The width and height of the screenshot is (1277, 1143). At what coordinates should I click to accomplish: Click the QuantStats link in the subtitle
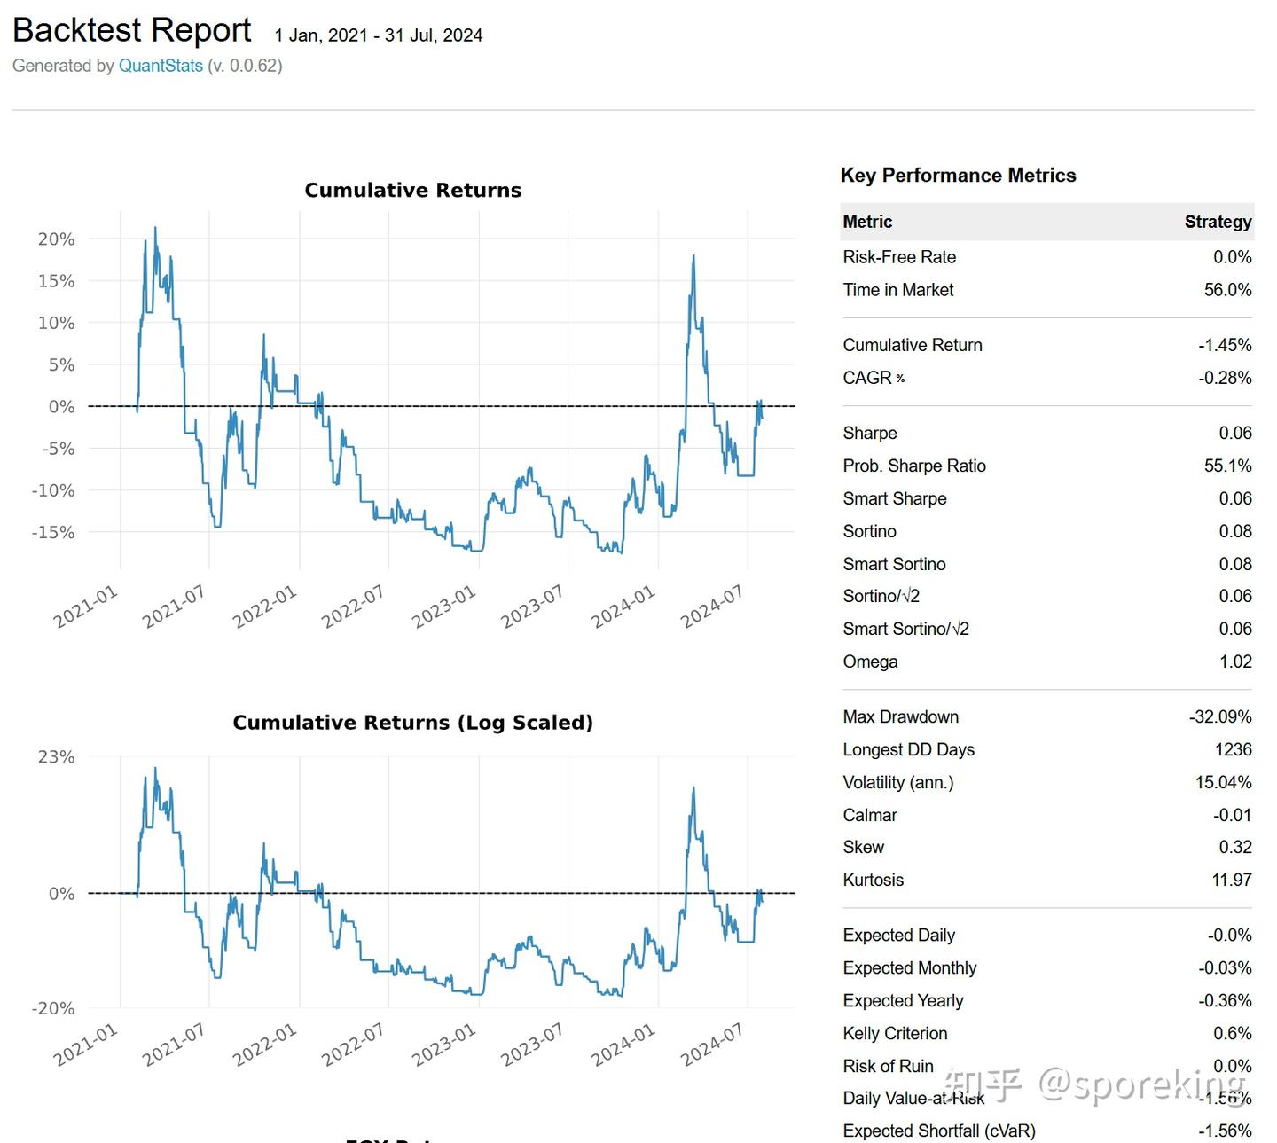click(x=161, y=66)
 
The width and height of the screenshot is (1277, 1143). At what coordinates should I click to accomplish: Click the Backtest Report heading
click(x=132, y=31)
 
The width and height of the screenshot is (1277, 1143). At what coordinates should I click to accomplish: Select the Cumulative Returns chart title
click(x=412, y=190)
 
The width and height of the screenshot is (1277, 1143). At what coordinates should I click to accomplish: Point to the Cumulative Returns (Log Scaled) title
click(x=412, y=723)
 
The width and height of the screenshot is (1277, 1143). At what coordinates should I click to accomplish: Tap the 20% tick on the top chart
click(x=56, y=239)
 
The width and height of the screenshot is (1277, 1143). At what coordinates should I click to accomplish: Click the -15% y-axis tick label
click(x=53, y=532)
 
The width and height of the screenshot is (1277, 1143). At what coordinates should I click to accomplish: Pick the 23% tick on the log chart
click(x=56, y=756)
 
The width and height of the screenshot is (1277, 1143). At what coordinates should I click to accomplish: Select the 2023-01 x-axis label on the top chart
click(x=444, y=607)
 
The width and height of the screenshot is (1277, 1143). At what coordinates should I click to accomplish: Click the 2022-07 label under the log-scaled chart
click(x=353, y=1044)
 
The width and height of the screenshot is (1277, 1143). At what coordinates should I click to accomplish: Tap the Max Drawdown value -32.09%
click(x=1220, y=716)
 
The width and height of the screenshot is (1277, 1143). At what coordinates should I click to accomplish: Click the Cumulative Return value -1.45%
click(x=1225, y=345)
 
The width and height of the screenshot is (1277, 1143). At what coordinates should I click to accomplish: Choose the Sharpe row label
click(x=870, y=433)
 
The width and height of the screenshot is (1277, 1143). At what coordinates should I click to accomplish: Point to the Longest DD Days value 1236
click(x=1233, y=749)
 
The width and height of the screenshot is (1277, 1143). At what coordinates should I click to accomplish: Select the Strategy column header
click(x=1218, y=222)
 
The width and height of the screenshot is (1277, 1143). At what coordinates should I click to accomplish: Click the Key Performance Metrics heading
click(x=958, y=176)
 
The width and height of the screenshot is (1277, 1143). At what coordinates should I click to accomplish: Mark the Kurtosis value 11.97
click(x=1231, y=880)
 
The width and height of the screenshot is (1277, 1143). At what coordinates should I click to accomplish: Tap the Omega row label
click(x=870, y=662)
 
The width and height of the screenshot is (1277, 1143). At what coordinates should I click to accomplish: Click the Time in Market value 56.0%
click(x=1227, y=290)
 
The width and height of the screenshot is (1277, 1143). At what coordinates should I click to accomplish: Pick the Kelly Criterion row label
click(x=895, y=1033)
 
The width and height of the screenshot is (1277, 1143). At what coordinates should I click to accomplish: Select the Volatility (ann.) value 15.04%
click(x=1223, y=782)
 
